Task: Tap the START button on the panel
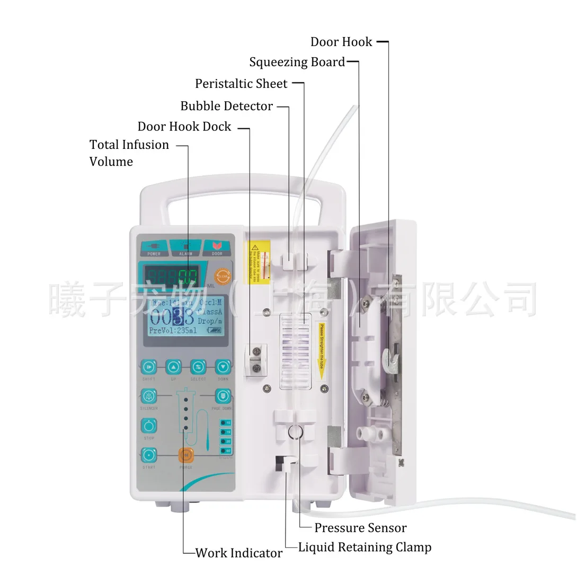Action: coord(149,455)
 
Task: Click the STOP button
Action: coord(149,426)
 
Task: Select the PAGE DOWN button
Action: coord(223,396)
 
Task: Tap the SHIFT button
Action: coord(149,367)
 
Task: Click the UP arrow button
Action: coord(173,367)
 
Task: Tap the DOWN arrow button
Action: coord(223,367)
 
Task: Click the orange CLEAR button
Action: coord(223,276)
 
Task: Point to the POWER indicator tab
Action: coord(154,248)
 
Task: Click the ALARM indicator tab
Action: coord(185,248)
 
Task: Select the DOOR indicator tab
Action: coord(217,248)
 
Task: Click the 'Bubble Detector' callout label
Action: coord(226,106)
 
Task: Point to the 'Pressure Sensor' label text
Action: coord(360,528)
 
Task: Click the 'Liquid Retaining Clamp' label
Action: coord(365,547)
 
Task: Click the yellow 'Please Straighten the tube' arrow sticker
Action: coord(322,350)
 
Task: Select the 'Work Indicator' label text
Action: coord(239,553)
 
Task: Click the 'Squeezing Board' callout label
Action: coord(297,63)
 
